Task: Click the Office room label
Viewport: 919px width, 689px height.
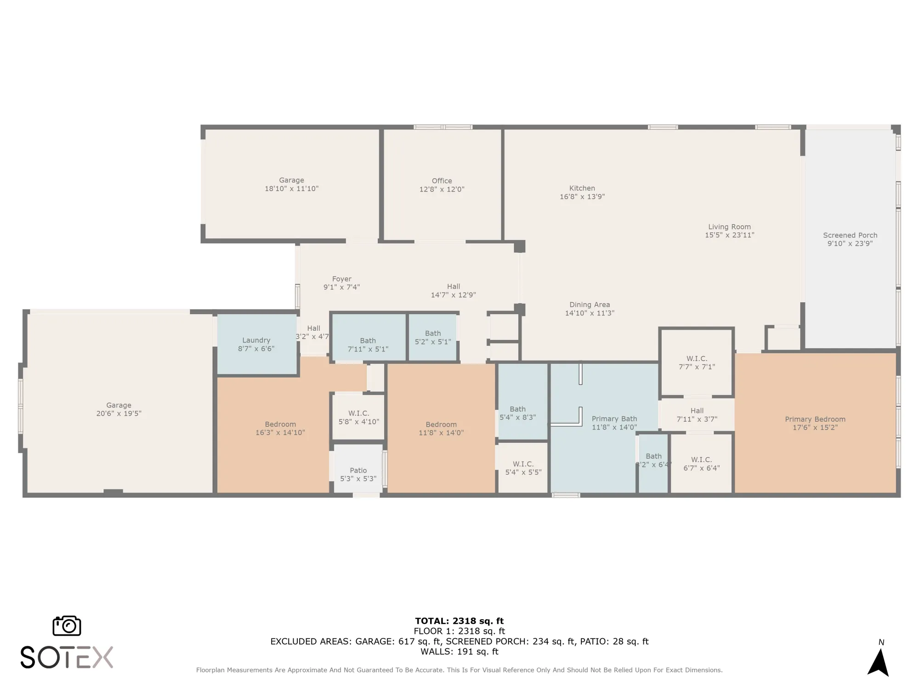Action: [442, 181]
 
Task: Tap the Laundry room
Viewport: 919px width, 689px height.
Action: [256, 344]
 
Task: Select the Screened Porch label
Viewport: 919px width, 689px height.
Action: [850, 235]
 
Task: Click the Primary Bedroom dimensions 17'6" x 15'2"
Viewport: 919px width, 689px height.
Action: [815, 428]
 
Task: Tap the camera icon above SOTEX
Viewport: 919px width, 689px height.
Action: [67, 626]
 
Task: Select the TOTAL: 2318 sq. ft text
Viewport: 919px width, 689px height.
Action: [459, 621]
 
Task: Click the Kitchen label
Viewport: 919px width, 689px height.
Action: [582, 188]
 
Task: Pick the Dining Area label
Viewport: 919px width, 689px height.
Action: [590, 305]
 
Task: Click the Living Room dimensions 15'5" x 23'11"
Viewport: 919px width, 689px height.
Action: [729, 235]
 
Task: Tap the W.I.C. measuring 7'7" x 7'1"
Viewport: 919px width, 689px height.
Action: [697, 362]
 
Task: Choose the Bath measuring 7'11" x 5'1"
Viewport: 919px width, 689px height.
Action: [368, 344]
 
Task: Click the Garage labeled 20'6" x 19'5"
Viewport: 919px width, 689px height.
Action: [119, 409]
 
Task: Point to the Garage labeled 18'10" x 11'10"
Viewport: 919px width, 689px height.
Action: [291, 184]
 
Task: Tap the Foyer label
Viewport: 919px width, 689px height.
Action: [341, 279]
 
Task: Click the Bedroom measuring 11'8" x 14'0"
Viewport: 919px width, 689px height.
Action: [441, 428]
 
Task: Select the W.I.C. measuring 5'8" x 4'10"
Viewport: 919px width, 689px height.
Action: [358, 417]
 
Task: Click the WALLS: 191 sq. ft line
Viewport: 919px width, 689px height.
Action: [459, 651]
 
